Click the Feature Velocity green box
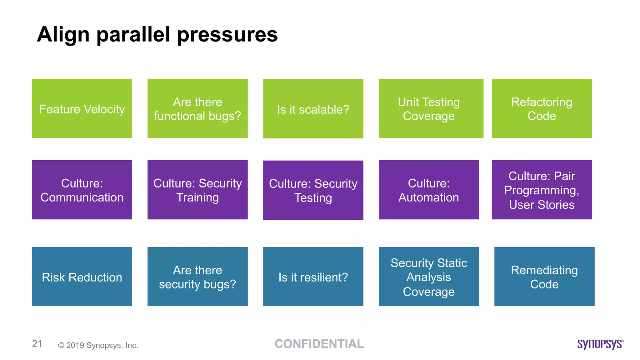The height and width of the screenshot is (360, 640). click(x=82, y=108)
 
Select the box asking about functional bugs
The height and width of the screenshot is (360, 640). click(x=197, y=108)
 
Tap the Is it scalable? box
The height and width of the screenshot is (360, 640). click(x=313, y=109)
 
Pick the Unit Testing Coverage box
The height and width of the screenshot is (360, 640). click(x=431, y=108)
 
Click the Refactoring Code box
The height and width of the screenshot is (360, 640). click(x=542, y=108)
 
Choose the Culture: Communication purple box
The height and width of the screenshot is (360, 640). click(x=82, y=190)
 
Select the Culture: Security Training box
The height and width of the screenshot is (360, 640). click(x=197, y=190)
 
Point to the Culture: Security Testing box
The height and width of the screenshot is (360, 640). click(x=313, y=190)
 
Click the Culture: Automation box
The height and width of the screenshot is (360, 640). click(x=429, y=190)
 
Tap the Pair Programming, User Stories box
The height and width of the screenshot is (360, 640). click(x=542, y=190)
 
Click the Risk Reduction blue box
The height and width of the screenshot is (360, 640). click(x=82, y=277)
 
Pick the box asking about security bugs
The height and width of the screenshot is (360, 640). click(x=197, y=277)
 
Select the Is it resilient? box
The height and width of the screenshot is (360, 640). click(x=313, y=277)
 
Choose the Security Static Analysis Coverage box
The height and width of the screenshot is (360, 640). click(x=429, y=277)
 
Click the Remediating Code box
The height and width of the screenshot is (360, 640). click(x=544, y=277)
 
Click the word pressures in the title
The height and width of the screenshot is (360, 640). click(x=227, y=34)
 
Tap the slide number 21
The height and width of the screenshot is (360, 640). click(x=37, y=344)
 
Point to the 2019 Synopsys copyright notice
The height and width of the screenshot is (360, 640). click(x=98, y=345)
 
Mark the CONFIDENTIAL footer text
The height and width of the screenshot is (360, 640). click(x=319, y=344)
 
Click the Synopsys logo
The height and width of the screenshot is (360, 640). click(x=600, y=344)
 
